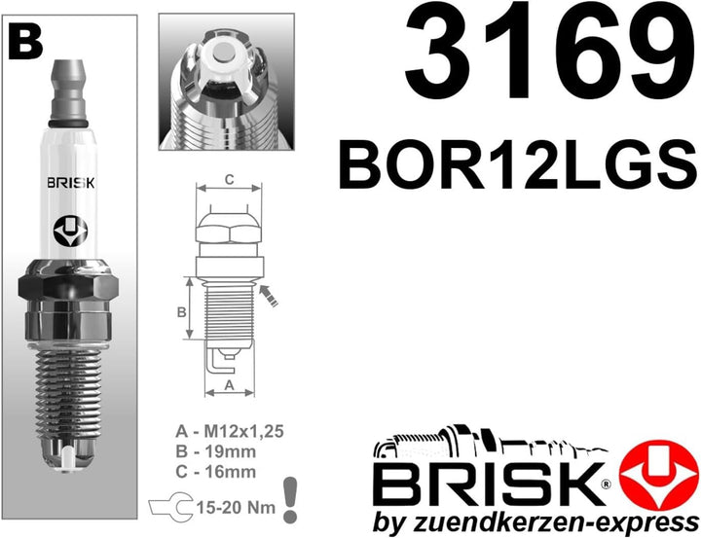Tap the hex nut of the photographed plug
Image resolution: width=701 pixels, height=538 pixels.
click(x=67, y=293)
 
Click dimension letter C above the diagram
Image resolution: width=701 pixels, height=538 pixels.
click(x=228, y=179)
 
